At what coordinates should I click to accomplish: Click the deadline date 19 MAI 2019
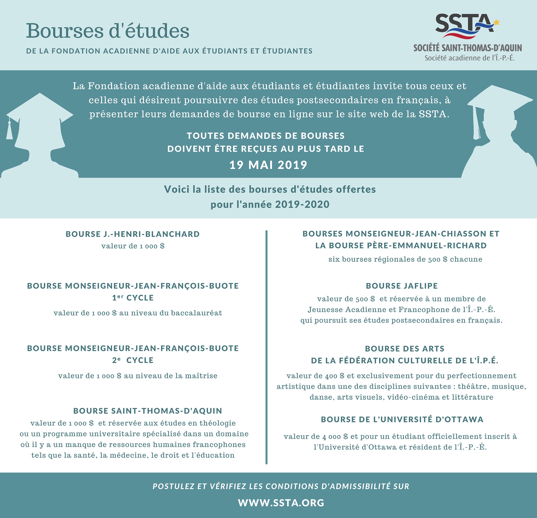pyautogui.click(x=268, y=165)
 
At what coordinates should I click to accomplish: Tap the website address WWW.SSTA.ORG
pyautogui.click(x=281, y=503)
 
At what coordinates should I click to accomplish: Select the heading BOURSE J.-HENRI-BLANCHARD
pyautogui.click(x=133, y=234)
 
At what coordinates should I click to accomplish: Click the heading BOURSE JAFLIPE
pyautogui.click(x=402, y=286)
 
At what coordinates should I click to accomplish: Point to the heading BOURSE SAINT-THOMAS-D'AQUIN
pyautogui.click(x=148, y=411)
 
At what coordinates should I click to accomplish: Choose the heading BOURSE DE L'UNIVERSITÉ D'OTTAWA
pyautogui.click(x=402, y=419)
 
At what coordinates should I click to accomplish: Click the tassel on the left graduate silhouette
pyautogui.click(x=10, y=130)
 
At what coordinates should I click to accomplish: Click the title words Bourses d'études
pyautogui.click(x=108, y=31)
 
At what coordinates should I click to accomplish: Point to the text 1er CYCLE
pyautogui.click(x=133, y=298)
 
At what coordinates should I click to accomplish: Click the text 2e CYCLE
pyautogui.click(x=133, y=360)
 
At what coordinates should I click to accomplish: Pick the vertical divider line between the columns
pyautogui.click(x=266, y=348)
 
